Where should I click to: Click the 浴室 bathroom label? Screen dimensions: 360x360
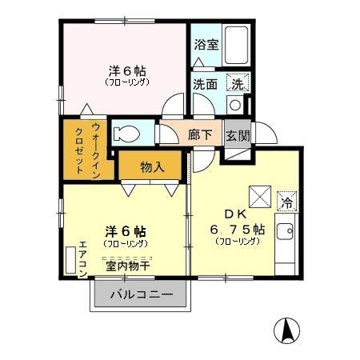point(206,45)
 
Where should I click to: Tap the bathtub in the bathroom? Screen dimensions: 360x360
point(236,45)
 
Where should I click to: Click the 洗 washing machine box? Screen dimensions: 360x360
point(238,82)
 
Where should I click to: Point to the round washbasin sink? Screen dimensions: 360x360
point(235,104)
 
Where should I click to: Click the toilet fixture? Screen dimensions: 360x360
point(128,133)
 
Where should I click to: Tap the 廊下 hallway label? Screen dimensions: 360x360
point(200,135)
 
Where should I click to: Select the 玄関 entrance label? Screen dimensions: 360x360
point(237,135)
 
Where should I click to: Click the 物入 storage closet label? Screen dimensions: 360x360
point(152,167)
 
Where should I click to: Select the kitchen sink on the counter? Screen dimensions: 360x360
point(286,233)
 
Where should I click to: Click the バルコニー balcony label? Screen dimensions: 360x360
point(141,295)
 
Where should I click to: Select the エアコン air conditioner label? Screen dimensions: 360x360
point(83,258)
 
